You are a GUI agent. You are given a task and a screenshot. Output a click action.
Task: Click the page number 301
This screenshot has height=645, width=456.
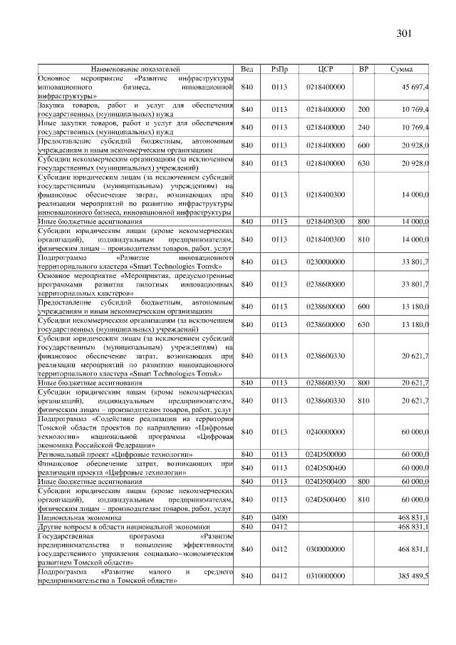(403, 33)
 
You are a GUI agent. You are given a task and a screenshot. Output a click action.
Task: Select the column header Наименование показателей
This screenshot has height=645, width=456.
(135, 68)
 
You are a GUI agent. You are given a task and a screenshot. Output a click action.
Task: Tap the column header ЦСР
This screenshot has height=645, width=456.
(325, 68)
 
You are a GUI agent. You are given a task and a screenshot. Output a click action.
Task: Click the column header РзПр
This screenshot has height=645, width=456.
(279, 68)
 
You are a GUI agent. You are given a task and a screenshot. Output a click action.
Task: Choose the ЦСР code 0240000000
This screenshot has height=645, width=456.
(325, 431)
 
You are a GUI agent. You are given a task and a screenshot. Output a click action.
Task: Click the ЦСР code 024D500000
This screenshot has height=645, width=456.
(325, 453)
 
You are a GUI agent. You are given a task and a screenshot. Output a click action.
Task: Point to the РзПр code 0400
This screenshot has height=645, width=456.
(279, 517)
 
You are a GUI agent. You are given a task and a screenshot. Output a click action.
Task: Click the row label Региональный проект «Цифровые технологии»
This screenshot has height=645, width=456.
(118, 453)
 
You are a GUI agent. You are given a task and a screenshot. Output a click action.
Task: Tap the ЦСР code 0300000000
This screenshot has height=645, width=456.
(325, 549)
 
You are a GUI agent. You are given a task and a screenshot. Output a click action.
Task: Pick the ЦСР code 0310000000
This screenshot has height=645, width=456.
(325, 575)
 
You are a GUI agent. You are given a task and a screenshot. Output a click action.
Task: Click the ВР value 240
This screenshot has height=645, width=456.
(363, 127)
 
